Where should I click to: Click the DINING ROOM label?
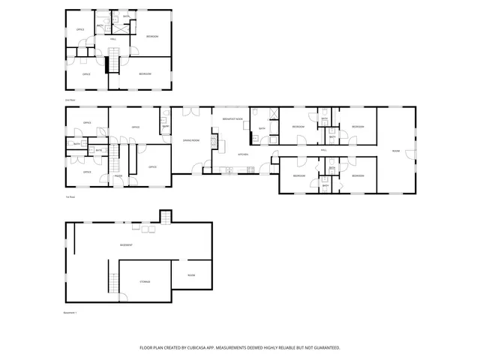(191, 140)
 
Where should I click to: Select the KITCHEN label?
(243, 154)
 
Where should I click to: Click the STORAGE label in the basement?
(145, 281)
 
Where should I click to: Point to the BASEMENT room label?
(126, 245)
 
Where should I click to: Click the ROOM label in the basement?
(191, 275)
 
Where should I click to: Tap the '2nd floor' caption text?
(70, 100)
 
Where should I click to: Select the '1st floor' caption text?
(70, 197)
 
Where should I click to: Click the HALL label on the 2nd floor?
(113, 38)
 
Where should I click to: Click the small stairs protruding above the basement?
(166, 217)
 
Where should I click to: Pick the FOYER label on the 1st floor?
(118, 177)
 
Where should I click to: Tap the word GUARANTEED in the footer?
(323, 348)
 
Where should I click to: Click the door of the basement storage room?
(123, 297)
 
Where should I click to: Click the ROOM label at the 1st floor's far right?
(395, 151)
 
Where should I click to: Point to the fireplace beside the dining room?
(214, 140)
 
